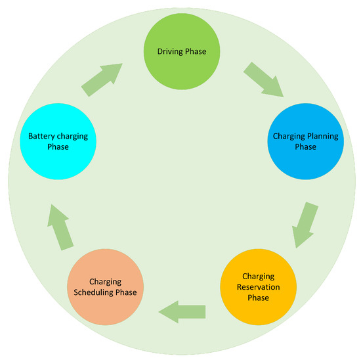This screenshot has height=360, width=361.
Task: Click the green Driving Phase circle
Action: click(x=180, y=50)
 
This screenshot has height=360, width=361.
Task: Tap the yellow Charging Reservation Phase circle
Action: click(x=257, y=286)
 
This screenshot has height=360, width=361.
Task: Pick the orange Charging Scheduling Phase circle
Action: click(x=104, y=286)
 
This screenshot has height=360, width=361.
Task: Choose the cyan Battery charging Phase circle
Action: click(x=58, y=142)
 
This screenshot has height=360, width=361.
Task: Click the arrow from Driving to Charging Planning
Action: click(x=263, y=79)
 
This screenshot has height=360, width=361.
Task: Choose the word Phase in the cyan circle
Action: click(x=58, y=148)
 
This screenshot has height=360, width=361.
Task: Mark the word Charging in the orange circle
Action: click(x=104, y=281)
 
